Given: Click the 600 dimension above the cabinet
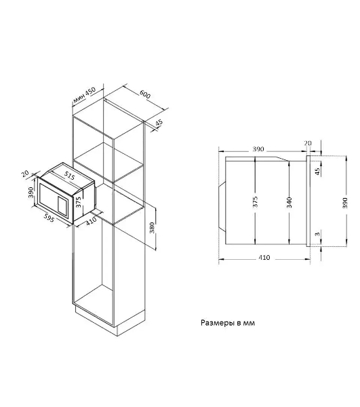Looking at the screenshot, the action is (145, 94).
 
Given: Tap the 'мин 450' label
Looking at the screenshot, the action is (84, 95).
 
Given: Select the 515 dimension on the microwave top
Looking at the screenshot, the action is (69, 176).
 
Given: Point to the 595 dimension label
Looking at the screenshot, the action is (49, 218).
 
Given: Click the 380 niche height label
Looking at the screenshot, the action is (152, 228).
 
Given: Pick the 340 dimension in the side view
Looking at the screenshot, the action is (289, 202).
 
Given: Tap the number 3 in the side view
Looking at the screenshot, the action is (317, 234).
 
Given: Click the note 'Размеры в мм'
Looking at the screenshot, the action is (228, 323).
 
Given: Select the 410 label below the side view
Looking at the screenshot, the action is (264, 258).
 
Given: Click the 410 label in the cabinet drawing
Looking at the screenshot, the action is (91, 220).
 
